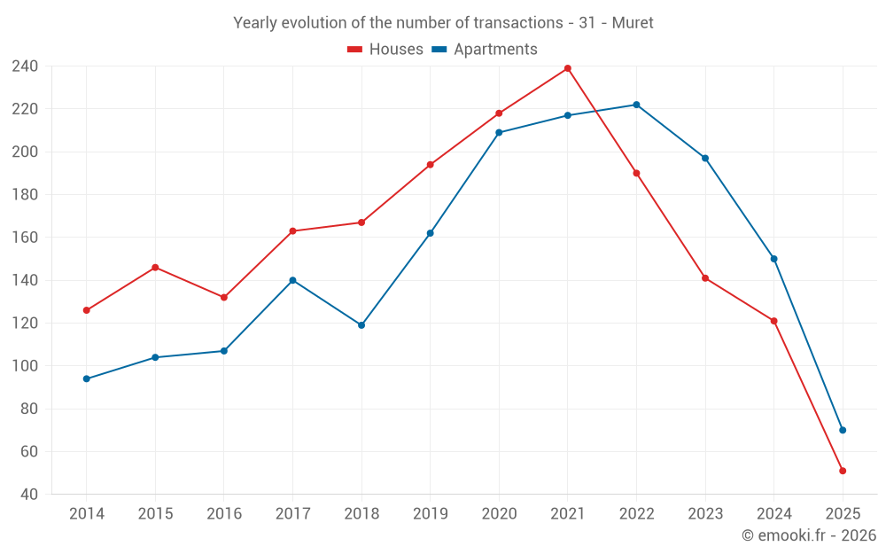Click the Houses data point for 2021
click(x=568, y=68)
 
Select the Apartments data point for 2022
click(x=636, y=105)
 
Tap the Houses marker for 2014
click(x=87, y=310)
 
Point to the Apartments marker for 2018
click(x=361, y=325)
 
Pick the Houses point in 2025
click(x=843, y=471)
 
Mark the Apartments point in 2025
click(x=843, y=430)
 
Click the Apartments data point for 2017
click(x=292, y=280)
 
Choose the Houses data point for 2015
click(x=155, y=267)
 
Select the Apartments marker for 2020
click(x=499, y=132)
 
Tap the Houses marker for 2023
click(x=705, y=278)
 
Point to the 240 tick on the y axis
click(x=25, y=66)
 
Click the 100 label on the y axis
click(x=25, y=366)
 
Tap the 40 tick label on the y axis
click(x=30, y=495)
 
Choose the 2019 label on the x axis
click(x=430, y=514)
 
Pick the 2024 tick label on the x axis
click(x=773, y=514)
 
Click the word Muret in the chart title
click(x=633, y=23)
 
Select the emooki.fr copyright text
click(x=808, y=535)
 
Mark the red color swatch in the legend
click(x=354, y=50)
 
